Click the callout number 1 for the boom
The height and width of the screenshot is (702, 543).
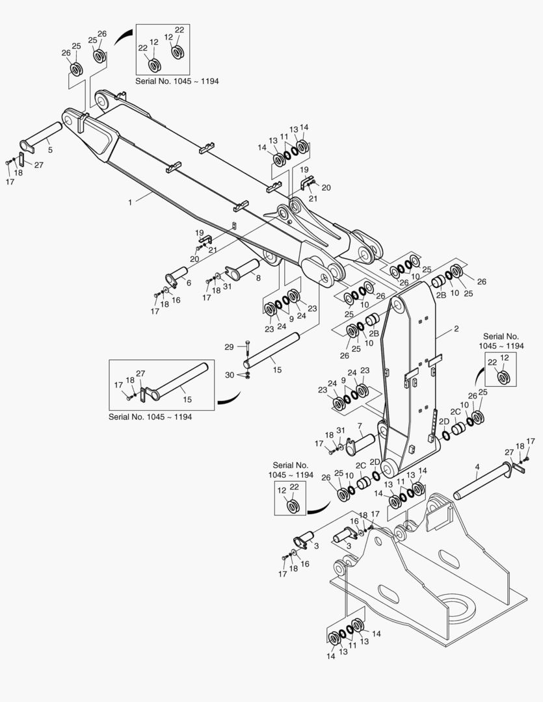pos(130,202)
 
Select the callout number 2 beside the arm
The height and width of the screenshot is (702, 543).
pos(456,329)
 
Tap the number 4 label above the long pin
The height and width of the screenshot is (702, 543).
pos(477,467)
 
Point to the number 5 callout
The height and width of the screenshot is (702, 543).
pos(50,150)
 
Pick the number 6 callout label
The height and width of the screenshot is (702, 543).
pos(189,283)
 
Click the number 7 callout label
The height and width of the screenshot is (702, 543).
pos(360,425)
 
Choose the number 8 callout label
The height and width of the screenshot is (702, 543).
pos(258,278)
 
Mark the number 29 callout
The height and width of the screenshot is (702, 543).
pos(229,347)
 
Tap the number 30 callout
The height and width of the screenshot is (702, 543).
pos(230,375)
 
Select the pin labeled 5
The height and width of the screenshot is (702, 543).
pos(40,136)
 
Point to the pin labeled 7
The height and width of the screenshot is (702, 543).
pos(361,444)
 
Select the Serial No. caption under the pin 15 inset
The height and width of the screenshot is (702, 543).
pos(150,417)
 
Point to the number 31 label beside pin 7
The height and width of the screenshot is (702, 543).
pos(341,430)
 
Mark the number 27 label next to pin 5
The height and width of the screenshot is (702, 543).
pos(38,164)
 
